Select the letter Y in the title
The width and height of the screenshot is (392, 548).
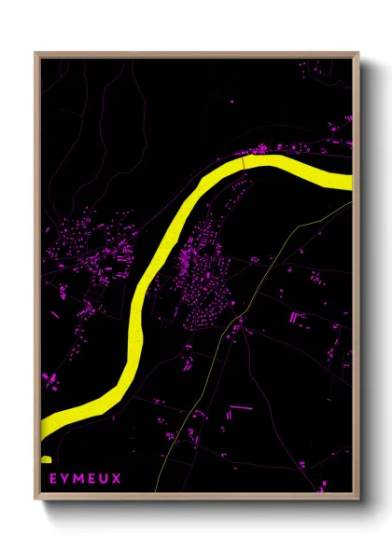[x=65, y=479]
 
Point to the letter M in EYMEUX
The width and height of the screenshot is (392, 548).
[x=77, y=479]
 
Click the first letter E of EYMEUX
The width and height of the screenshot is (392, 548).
[x=53, y=479]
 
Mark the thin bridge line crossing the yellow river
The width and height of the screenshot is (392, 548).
[x=244, y=164]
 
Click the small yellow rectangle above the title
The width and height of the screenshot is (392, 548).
[x=45, y=459]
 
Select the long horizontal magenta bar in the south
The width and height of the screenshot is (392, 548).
[x=241, y=407]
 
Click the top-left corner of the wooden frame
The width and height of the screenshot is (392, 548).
[x=35, y=52]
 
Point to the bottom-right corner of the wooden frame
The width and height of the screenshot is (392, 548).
[x=359, y=494]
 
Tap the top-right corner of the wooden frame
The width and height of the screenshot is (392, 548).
[x=359, y=52]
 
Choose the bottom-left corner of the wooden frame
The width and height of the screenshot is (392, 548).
[x=35, y=494]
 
